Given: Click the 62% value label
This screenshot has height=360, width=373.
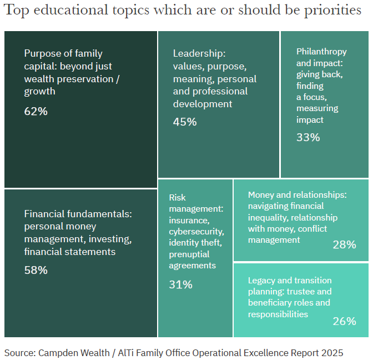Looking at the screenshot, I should click(x=36, y=111).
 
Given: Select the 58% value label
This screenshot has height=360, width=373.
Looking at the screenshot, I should click(x=36, y=271).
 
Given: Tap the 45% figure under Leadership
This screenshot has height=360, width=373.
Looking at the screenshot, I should click(x=185, y=122).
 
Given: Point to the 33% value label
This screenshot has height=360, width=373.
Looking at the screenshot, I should click(x=308, y=137).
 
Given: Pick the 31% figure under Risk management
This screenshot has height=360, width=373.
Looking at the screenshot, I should click(x=180, y=284).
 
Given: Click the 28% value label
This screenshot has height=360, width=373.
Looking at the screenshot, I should click(x=344, y=244).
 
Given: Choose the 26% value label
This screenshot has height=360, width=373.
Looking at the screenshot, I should click(x=344, y=321).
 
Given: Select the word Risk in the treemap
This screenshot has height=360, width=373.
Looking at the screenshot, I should click(x=177, y=197).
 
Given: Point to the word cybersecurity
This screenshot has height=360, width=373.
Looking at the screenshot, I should click(x=196, y=231).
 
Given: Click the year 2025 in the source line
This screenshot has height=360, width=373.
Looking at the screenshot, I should click(x=332, y=353).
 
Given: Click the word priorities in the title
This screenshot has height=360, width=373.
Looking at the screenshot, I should click(x=333, y=12).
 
